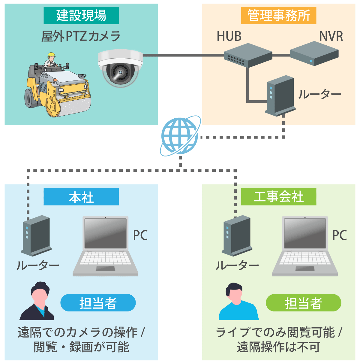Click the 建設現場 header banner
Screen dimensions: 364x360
click(81, 16)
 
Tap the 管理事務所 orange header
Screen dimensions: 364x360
click(278, 16)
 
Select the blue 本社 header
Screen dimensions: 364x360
click(81, 197)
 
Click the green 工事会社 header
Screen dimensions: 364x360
click(278, 197)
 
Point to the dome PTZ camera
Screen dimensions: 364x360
click(120, 68)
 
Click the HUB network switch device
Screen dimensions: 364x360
click(248, 55)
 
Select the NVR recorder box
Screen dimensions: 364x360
click(314, 54)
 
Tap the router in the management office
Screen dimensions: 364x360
click(280, 95)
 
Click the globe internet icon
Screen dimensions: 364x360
click(180, 136)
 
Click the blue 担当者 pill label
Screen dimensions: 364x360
click(98, 303)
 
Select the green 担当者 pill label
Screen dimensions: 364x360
click(303, 303)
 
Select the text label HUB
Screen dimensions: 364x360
click(229, 36)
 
